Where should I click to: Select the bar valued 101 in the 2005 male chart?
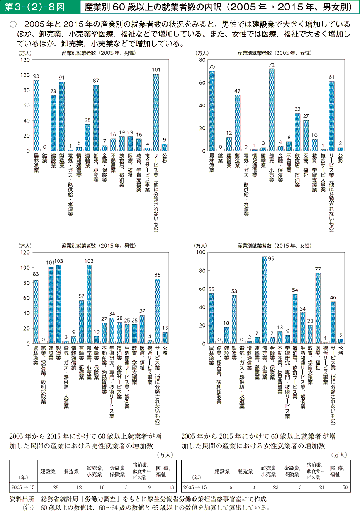click(x=156, y=112)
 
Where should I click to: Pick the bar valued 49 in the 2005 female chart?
click(x=238, y=123)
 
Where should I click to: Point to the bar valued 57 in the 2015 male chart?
click(x=82, y=322)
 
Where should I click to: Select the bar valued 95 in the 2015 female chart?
click(x=265, y=300)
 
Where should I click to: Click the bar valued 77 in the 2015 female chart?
click(x=318, y=308)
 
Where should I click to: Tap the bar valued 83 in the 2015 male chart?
click(x=36, y=312)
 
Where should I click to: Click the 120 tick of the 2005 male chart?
click(x=25, y=60)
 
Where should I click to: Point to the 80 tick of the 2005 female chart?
click(x=202, y=60)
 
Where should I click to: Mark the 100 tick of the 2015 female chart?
click(x=201, y=252)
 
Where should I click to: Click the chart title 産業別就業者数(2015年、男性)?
click(x=98, y=246)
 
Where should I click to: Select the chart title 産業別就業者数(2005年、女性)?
click(x=274, y=53)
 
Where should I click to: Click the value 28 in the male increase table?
click(x=56, y=487)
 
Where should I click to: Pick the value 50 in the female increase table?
click(x=345, y=487)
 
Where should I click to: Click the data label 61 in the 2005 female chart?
click(x=331, y=77)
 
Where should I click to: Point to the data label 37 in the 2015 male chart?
click(x=142, y=311)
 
